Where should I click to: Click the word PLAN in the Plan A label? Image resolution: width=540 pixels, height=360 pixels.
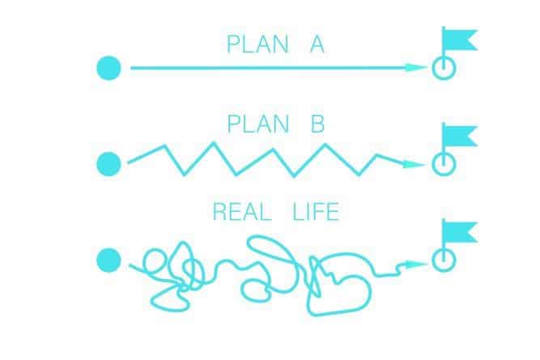(x=257, y=44)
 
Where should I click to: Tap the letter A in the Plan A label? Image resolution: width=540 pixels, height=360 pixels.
(x=317, y=44)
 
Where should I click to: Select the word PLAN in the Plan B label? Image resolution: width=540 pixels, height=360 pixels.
(x=258, y=124)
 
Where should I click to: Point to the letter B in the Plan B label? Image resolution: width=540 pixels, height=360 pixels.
(x=318, y=124)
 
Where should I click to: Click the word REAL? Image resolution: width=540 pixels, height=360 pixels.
(x=242, y=212)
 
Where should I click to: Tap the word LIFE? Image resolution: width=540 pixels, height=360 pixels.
(x=317, y=212)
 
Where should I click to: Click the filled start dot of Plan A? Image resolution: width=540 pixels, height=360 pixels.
(x=108, y=68)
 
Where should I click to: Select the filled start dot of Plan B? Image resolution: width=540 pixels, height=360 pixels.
(x=108, y=164)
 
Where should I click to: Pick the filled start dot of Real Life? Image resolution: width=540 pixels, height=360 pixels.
(x=108, y=260)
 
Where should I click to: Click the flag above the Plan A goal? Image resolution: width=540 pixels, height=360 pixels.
(x=459, y=40)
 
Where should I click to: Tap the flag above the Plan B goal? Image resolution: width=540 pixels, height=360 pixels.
(x=459, y=136)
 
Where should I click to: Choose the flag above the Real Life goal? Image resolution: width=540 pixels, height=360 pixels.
(x=459, y=232)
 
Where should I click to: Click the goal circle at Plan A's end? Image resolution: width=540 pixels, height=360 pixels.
(x=444, y=79)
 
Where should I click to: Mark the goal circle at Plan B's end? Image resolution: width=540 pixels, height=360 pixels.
(x=444, y=176)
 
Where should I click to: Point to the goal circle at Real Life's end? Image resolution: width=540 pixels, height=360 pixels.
(x=444, y=271)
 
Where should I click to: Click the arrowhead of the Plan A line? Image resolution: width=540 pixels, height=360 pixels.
(x=416, y=67)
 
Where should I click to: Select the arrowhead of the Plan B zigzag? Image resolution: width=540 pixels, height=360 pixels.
(x=415, y=164)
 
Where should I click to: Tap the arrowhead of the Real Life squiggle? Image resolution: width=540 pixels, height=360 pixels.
(x=417, y=265)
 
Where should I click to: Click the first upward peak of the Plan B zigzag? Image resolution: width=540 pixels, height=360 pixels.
(x=164, y=146)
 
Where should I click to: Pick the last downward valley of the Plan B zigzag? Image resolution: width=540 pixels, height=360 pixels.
(x=359, y=175)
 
